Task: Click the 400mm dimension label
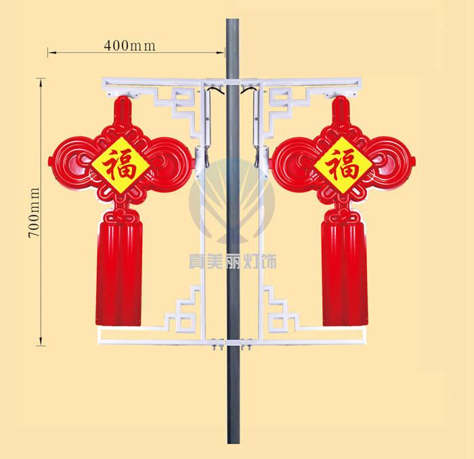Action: [130, 45]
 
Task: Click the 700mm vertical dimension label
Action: [34, 213]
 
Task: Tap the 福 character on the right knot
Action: [343, 165]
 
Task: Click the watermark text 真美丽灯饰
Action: [232, 261]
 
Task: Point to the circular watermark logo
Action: [232, 201]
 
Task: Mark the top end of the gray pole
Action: [233, 19]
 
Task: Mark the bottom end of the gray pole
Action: [234, 443]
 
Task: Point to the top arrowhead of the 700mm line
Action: [41, 79]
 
